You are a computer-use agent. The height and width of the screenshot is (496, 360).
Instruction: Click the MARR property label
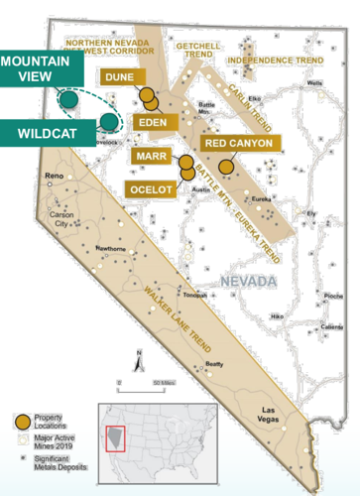click(x=151, y=158)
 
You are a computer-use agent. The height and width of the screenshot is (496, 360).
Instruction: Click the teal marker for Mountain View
click(x=68, y=99)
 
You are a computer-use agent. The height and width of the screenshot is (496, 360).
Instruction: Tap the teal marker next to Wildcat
click(x=106, y=121)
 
